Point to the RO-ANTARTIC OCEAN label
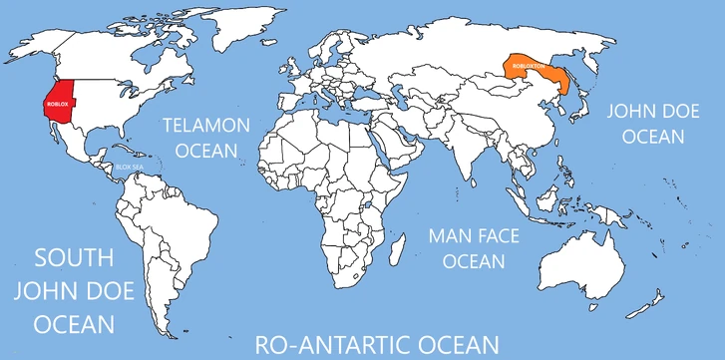[x=376, y=344]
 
